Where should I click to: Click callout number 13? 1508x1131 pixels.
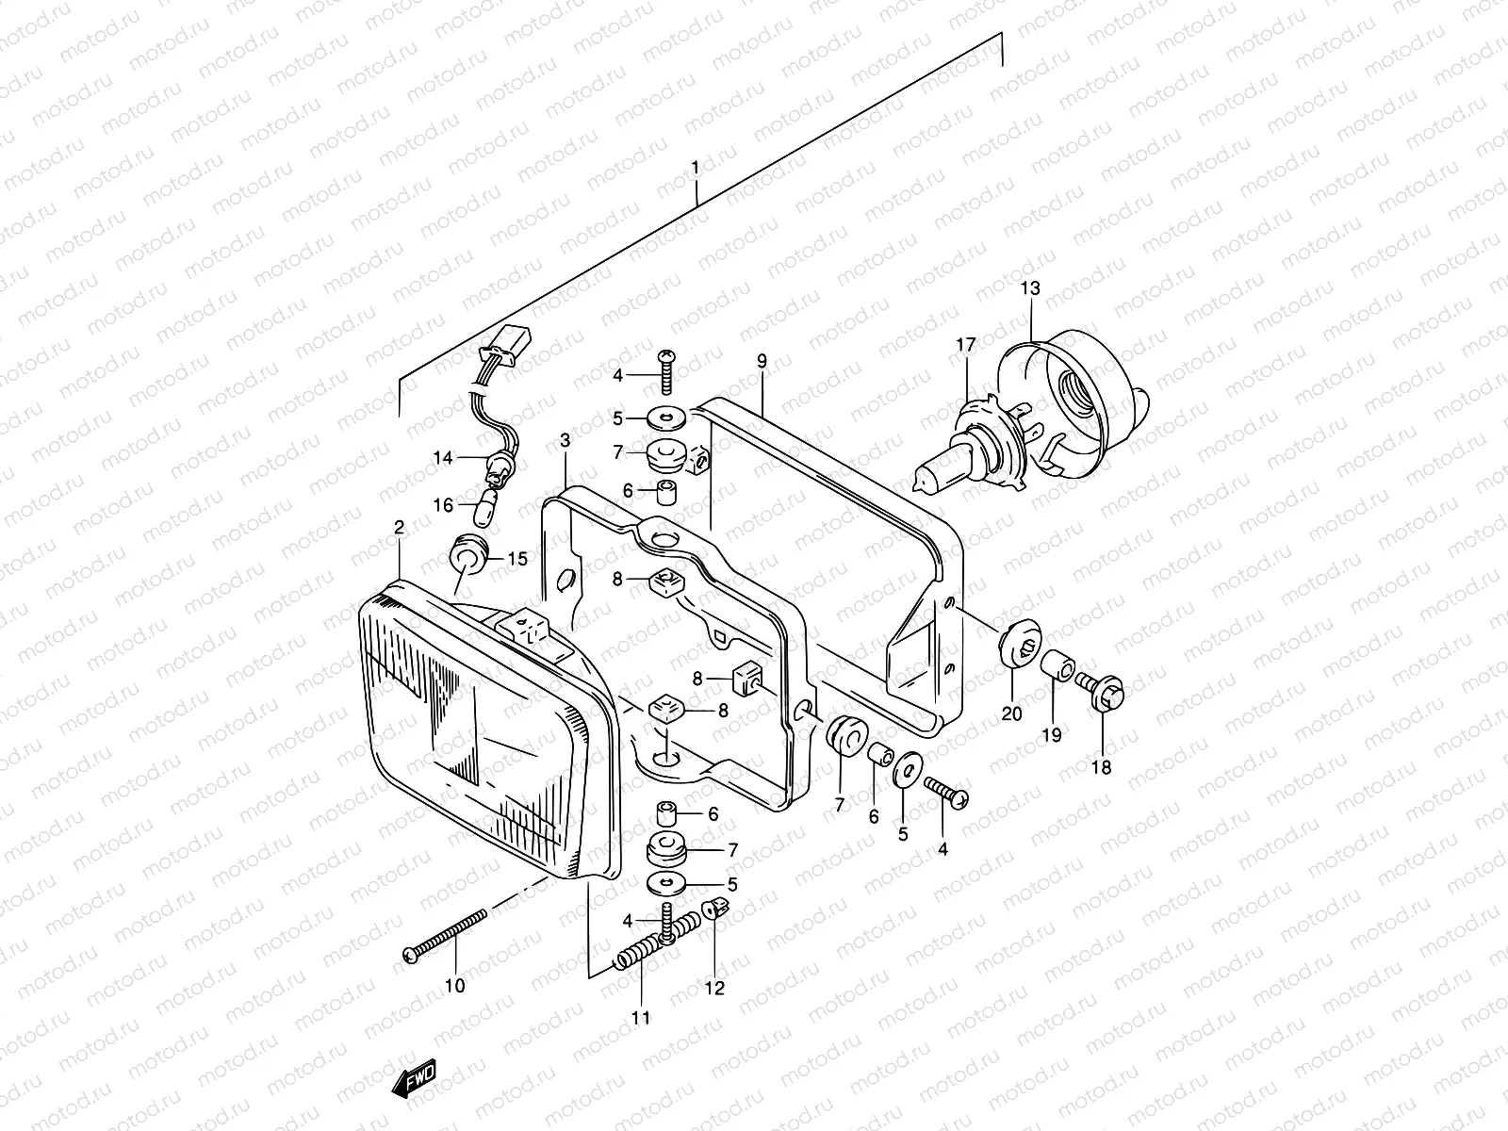(x=1030, y=288)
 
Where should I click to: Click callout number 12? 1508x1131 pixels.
(x=714, y=988)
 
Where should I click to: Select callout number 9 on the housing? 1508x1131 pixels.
(x=762, y=360)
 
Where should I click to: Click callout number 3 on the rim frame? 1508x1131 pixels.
(x=565, y=440)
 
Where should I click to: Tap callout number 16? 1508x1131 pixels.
(x=443, y=505)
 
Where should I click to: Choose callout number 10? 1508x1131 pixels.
(x=454, y=987)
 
